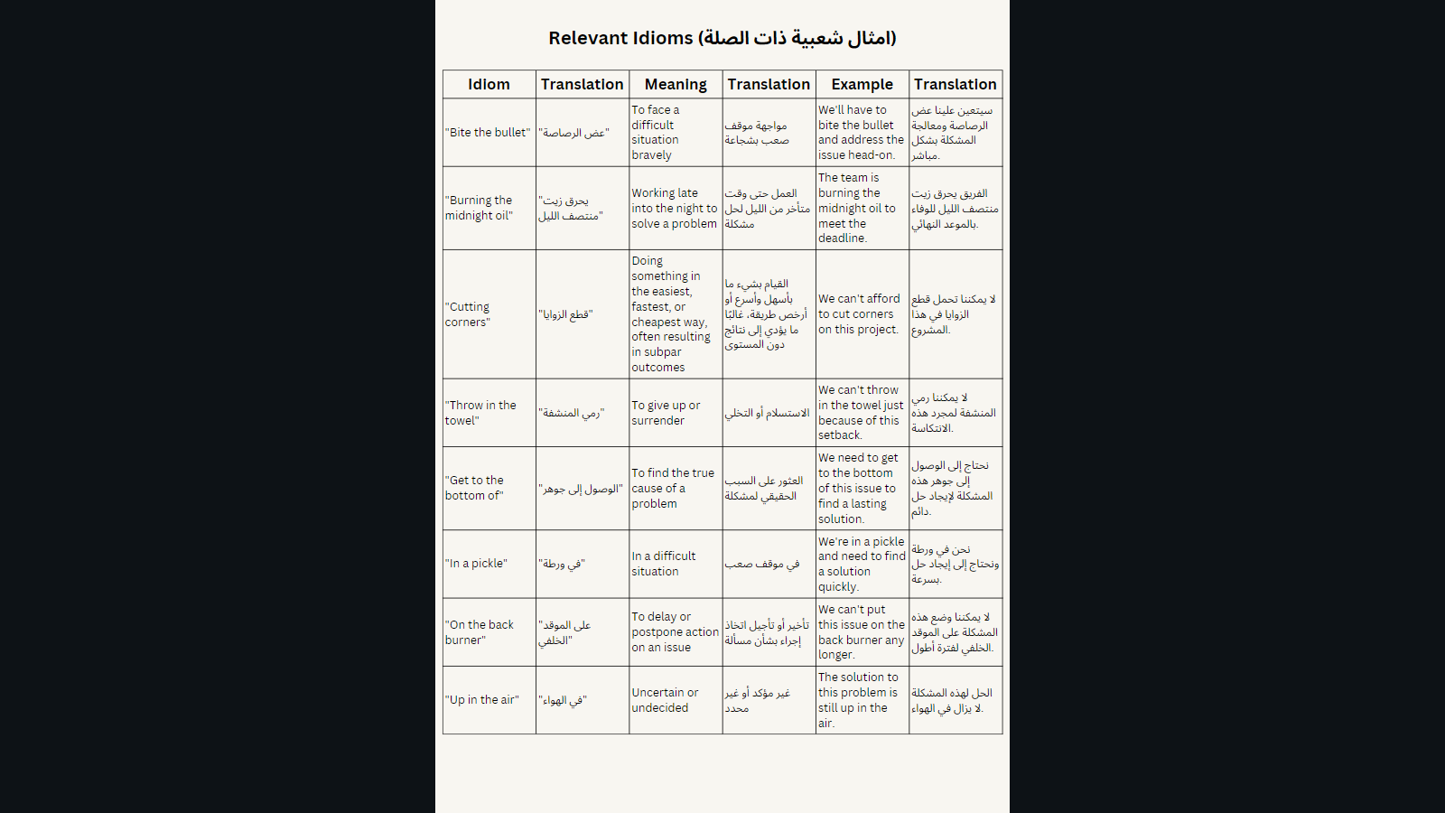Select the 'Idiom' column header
489,84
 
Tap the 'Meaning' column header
676,84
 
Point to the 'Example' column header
862,84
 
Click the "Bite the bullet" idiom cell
488,133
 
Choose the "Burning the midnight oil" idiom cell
479,208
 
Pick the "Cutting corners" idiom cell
468,314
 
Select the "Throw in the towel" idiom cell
480,413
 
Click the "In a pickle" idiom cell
476,564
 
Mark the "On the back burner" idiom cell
479,632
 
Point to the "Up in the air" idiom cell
481,700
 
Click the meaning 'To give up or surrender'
666,413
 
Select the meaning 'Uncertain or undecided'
665,700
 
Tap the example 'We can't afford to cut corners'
859,314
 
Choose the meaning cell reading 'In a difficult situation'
664,564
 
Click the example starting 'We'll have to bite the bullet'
861,133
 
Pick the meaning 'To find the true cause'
673,488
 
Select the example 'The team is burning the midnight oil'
856,208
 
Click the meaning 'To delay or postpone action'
675,632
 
